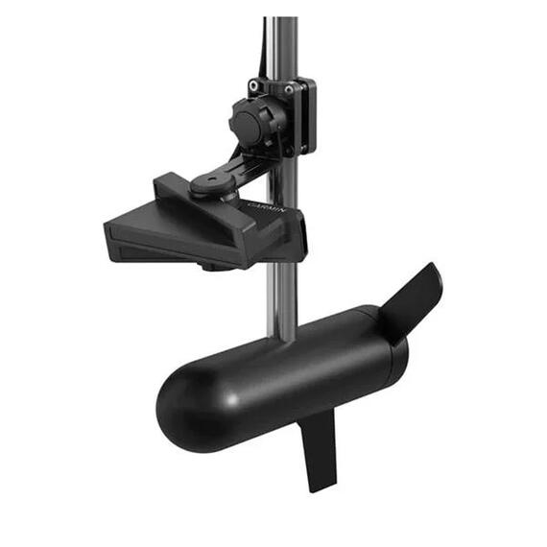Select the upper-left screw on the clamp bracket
coord(254,85)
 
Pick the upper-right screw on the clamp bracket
coord(289,88)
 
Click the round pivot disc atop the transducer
coord(207,182)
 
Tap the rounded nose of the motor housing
coord(178,393)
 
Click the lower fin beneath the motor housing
coord(317,451)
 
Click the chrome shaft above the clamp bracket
coord(282,43)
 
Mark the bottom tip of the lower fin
coord(323,488)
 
